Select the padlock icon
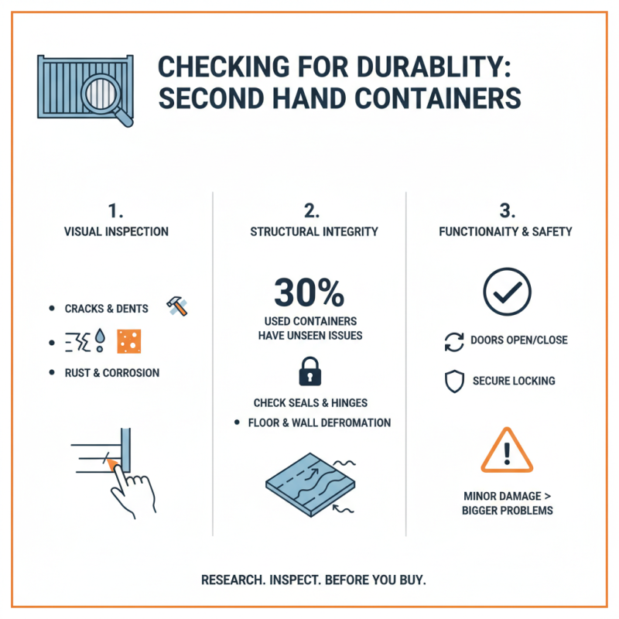click(309, 371)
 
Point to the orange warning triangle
click(507, 450)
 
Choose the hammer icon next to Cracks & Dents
click(178, 306)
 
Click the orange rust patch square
click(129, 340)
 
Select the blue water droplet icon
click(101, 340)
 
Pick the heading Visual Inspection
click(116, 231)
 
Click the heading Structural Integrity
click(309, 231)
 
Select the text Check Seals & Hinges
click(309, 403)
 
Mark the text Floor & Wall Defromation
click(319, 423)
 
